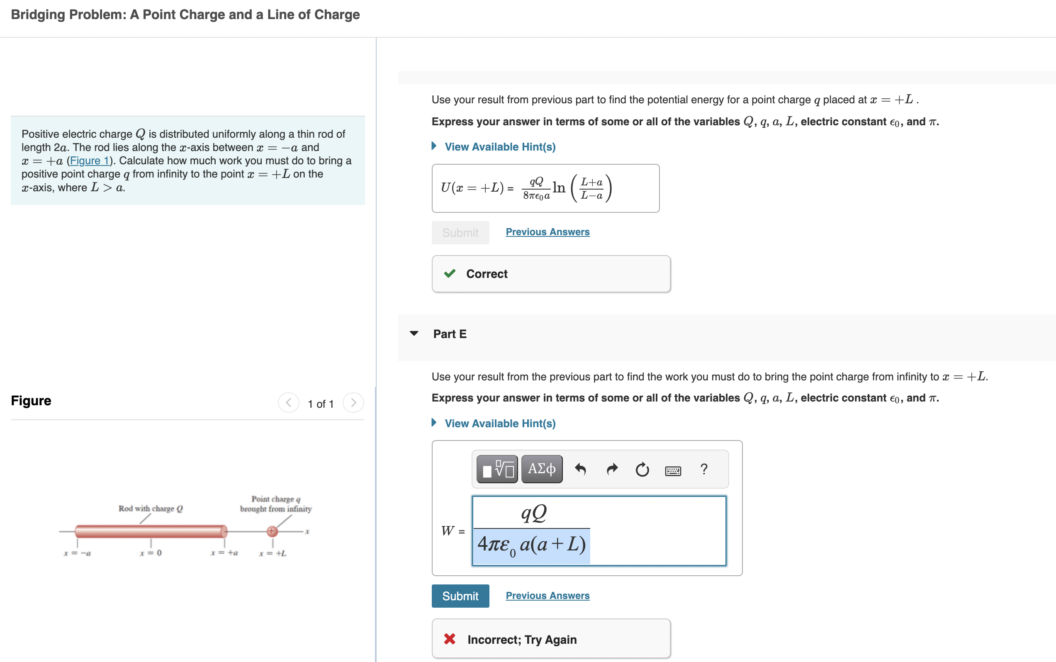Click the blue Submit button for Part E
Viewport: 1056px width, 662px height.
tap(460, 596)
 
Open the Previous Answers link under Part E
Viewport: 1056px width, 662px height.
tap(547, 596)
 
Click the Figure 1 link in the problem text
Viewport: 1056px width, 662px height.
tap(90, 161)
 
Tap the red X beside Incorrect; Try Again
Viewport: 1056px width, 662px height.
tap(450, 639)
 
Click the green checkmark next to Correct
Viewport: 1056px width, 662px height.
tap(450, 274)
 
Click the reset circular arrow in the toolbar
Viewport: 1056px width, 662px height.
tap(642, 470)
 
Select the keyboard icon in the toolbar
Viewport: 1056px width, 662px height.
tap(672, 470)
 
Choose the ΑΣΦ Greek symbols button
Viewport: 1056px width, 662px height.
tap(542, 469)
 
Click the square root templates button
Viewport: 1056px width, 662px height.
tap(497, 469)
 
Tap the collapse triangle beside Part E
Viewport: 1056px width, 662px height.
tap(414, 333)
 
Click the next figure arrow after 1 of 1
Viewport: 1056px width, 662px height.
tap(353, 402)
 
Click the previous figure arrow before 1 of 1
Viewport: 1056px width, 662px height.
tap(289, 402)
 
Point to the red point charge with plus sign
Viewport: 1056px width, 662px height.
tap(273, 531)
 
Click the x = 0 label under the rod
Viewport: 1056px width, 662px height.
tap(151, 553)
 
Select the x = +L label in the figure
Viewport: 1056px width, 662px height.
tap(273, 553)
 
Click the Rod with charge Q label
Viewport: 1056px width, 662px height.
tap(151, 509)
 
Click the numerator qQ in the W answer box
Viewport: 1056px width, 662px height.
tap(533, 513)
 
